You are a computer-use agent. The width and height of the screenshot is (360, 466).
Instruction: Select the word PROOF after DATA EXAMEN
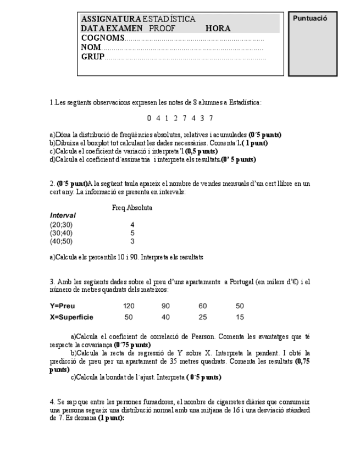point(162,29)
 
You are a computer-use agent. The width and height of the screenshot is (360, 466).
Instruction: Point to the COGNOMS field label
point(102,38)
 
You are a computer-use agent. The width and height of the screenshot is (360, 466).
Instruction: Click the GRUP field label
point(92,57)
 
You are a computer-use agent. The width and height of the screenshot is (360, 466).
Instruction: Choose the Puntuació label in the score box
point(310,18)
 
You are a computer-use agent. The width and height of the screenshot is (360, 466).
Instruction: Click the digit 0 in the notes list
point(149,118)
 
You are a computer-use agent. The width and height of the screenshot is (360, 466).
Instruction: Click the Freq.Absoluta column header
point(132,208)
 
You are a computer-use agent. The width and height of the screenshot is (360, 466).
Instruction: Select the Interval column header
point(63,215)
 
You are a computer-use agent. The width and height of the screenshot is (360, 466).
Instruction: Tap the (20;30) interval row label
point(61,225)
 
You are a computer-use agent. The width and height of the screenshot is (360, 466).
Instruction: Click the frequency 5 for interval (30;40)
point(132,233)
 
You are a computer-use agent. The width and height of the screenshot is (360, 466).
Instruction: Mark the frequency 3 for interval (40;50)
point(132,241)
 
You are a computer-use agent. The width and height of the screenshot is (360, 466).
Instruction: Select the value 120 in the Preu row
point(129,306)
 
